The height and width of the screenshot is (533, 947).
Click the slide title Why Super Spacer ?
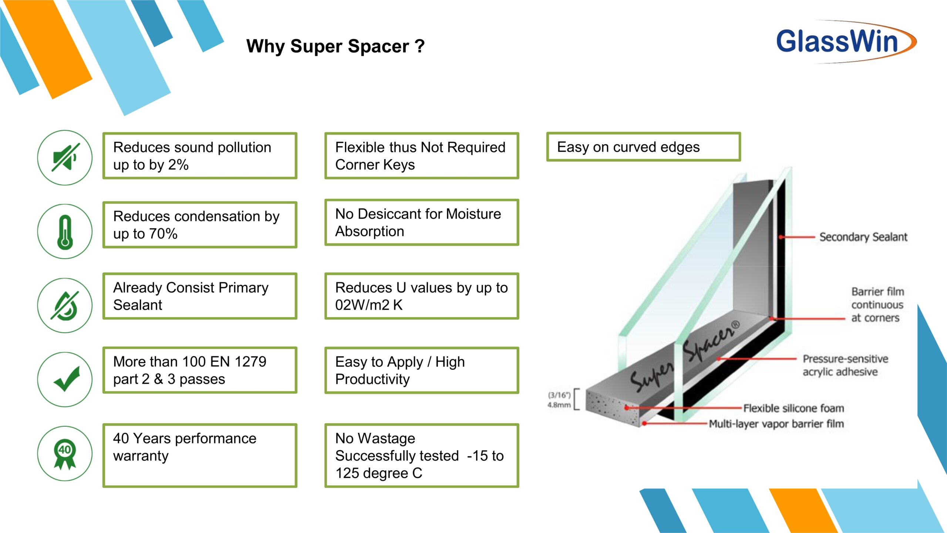point(336,47)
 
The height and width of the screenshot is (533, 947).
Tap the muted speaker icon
point(65,158)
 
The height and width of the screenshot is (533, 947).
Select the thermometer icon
point(65,232)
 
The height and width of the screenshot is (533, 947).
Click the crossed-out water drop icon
point(65,306)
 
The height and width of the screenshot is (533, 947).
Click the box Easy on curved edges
point(644,147)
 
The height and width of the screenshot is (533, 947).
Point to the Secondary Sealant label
point(863,237)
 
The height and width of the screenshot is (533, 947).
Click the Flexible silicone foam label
point(794,408)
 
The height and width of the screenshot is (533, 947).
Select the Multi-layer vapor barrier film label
point(776,424)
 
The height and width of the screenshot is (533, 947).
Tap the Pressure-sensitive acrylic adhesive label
point(845,365)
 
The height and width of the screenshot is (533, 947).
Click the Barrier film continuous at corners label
point(877,305)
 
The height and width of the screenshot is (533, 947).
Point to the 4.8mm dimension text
point(559,405)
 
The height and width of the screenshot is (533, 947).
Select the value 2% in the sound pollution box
point(178,165)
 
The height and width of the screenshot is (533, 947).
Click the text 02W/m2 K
point(369,305)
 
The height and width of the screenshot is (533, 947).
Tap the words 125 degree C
point(379,473)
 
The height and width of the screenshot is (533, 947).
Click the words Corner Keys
point(375,165)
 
